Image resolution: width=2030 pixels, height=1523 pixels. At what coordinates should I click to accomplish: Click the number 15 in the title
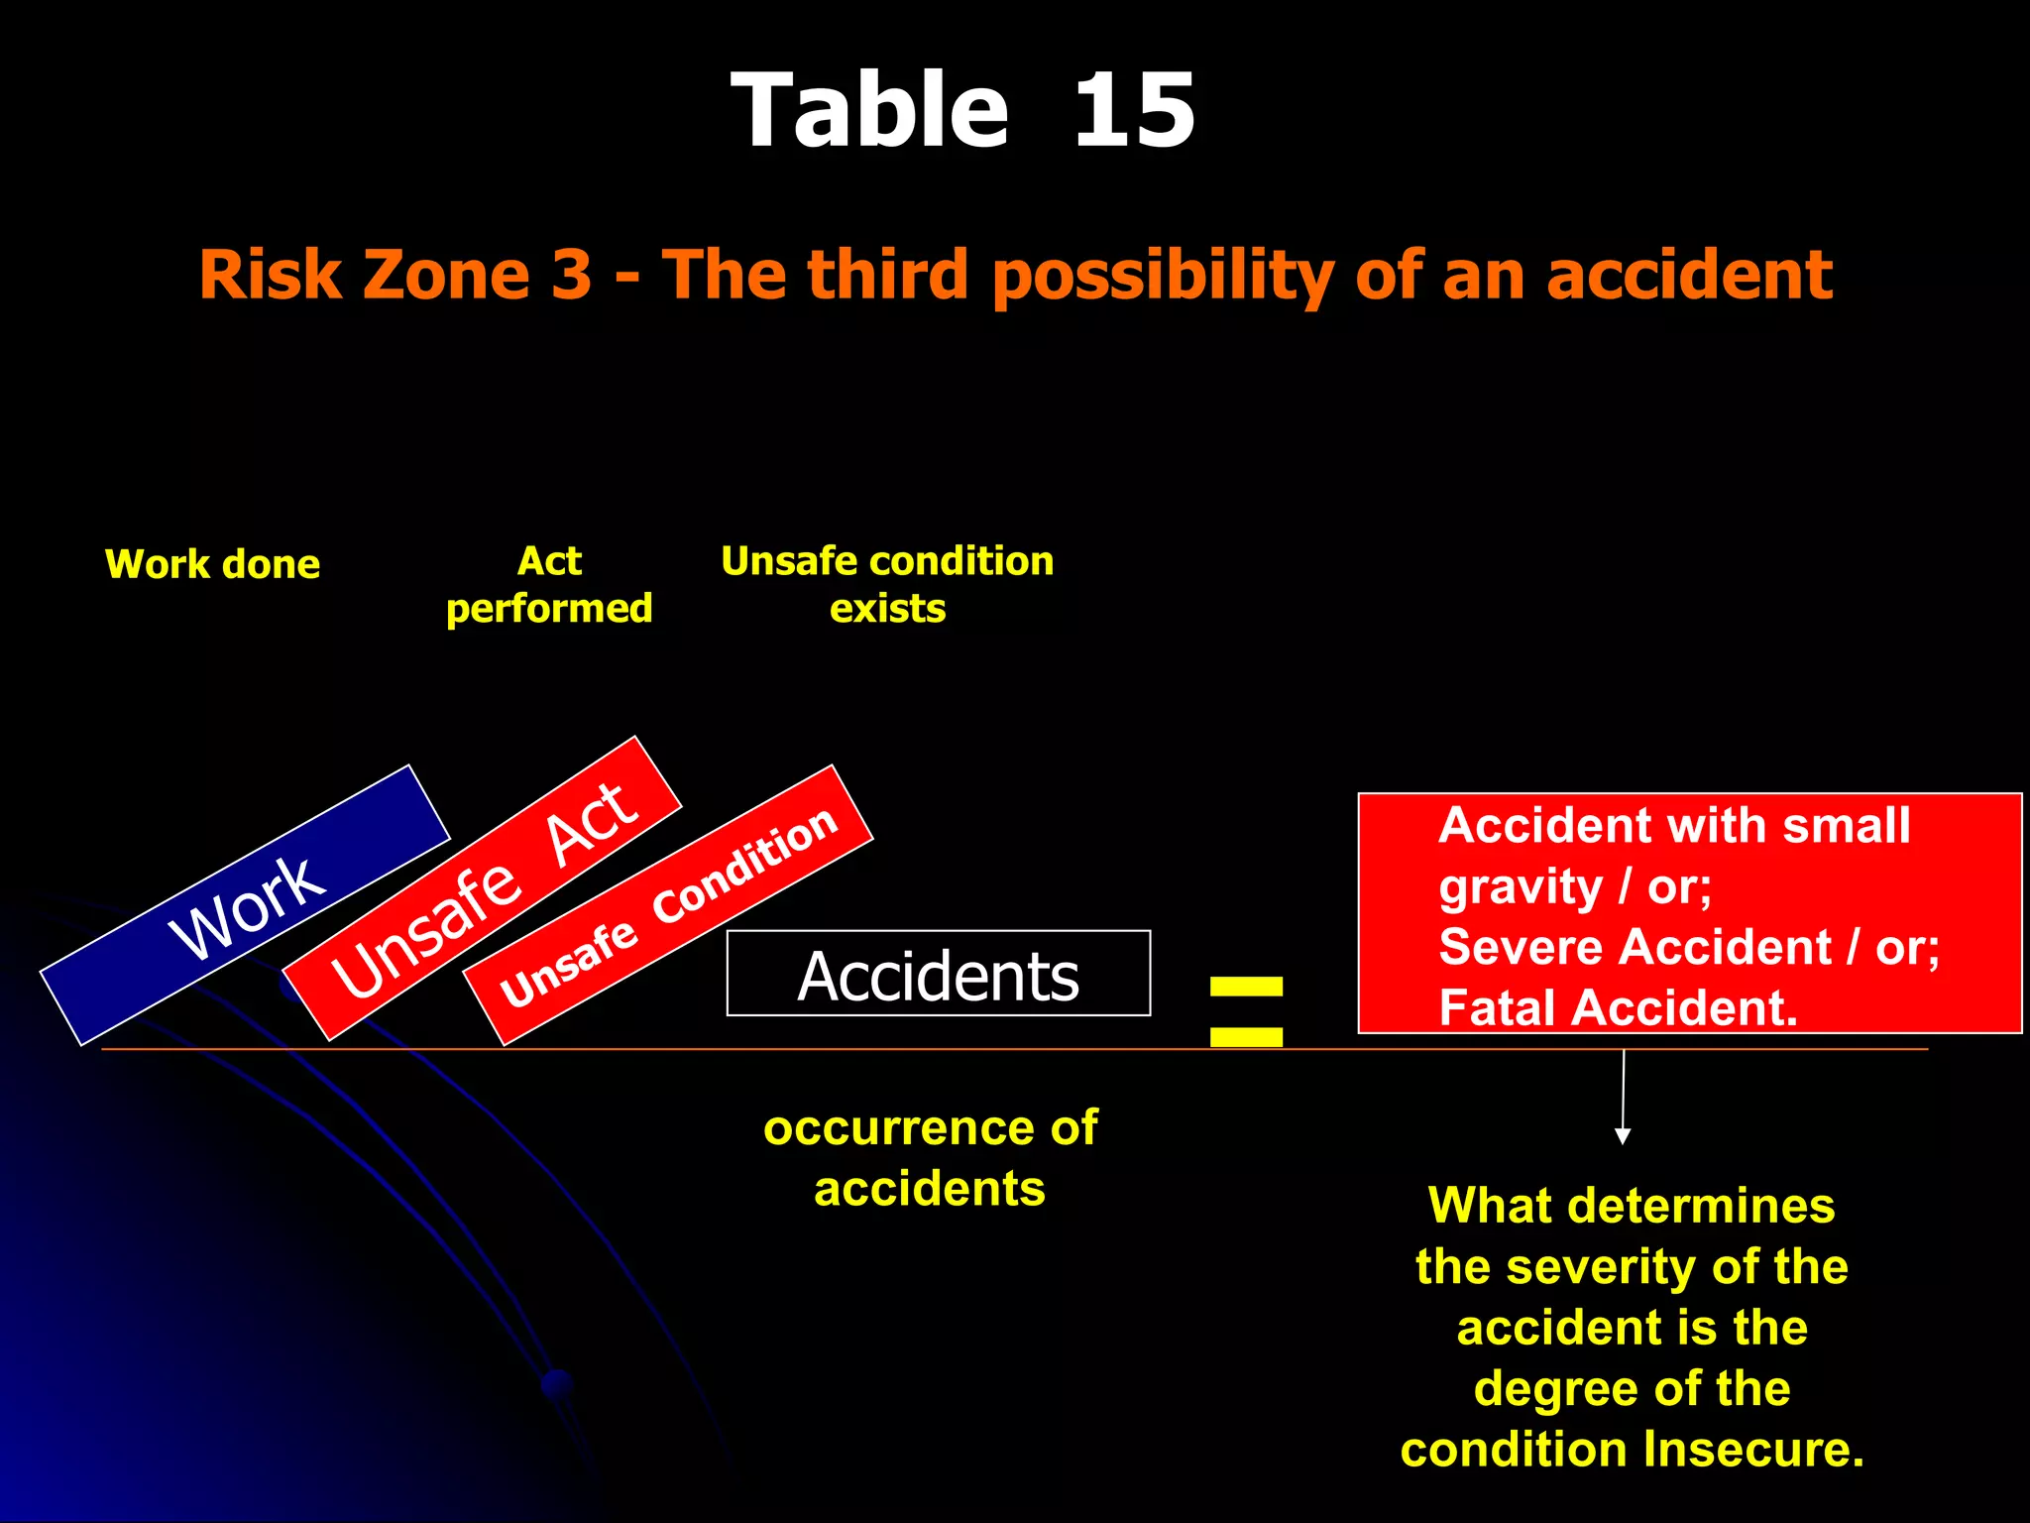click(x=1134, y=111)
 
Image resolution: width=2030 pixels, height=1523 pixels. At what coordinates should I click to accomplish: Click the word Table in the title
click(x=870, y=111)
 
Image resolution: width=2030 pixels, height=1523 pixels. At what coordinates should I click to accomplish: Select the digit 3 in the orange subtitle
click(x=571, y=274)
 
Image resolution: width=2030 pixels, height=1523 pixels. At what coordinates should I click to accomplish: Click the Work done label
click(x=212, y=564)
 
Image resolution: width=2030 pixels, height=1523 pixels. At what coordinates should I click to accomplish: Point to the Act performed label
click(x=549, y=585)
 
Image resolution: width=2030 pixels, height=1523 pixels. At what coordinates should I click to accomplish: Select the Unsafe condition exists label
click(x=887, y=585)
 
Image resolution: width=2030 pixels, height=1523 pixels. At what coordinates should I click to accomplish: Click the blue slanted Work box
click(x=245, y=904)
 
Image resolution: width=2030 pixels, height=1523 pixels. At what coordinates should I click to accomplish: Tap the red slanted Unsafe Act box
click(x=483, y=888)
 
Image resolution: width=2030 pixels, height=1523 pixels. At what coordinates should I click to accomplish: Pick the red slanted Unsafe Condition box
click(x=668, y=905)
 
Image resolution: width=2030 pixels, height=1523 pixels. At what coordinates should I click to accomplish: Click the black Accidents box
click(x=938, y=974)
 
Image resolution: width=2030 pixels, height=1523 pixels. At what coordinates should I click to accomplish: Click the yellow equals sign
click(x=1246, y=1011)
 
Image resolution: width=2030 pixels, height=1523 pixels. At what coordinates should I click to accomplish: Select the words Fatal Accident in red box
click(x=1618, y=1007)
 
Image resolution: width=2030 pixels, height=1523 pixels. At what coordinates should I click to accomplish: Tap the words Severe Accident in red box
click(x=1635, y=947)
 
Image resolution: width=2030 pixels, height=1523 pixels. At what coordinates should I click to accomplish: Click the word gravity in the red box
click(x=1521, y=886)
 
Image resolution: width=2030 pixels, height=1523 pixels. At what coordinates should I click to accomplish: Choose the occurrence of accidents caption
click(x=930, y=1158)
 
